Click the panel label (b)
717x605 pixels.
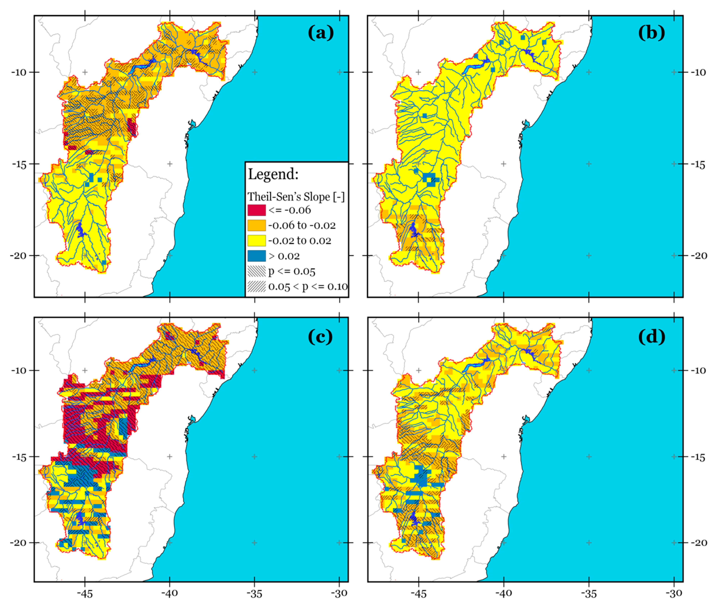coord(651,33)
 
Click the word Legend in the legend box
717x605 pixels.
coord(273,174)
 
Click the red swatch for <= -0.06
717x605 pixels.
coord(257,210)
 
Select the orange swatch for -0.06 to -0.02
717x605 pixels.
coord(257,225)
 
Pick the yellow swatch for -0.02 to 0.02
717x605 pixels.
coord(257,240)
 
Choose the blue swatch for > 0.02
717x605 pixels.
coord(257,256)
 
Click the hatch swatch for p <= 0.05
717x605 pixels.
coord(257,271)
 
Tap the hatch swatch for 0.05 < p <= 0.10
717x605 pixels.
coord(257,286)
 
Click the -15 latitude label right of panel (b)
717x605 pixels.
coord(698,165)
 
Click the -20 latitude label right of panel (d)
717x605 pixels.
coord(698,543)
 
